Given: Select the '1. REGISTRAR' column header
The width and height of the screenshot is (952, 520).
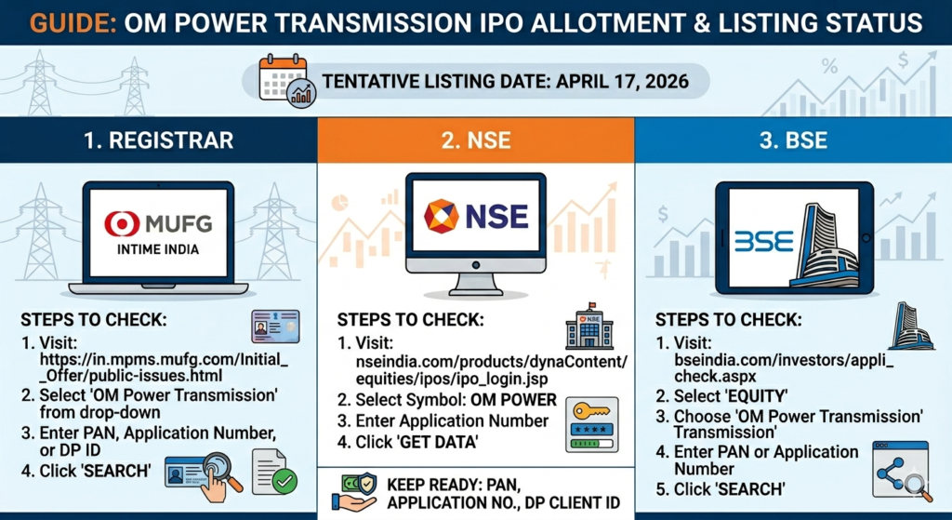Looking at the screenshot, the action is (158, 140).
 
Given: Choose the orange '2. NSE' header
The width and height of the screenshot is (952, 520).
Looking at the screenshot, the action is (476, 140).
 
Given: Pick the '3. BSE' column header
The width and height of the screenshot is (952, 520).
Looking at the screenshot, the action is (793, 140).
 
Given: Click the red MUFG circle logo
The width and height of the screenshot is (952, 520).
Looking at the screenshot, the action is (122, 223).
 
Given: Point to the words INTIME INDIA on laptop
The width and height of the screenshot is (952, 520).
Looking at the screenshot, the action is (158, 249).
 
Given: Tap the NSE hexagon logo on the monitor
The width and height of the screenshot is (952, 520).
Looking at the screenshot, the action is (441, 216).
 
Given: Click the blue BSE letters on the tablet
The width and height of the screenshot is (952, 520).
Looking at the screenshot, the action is (763, 242).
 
